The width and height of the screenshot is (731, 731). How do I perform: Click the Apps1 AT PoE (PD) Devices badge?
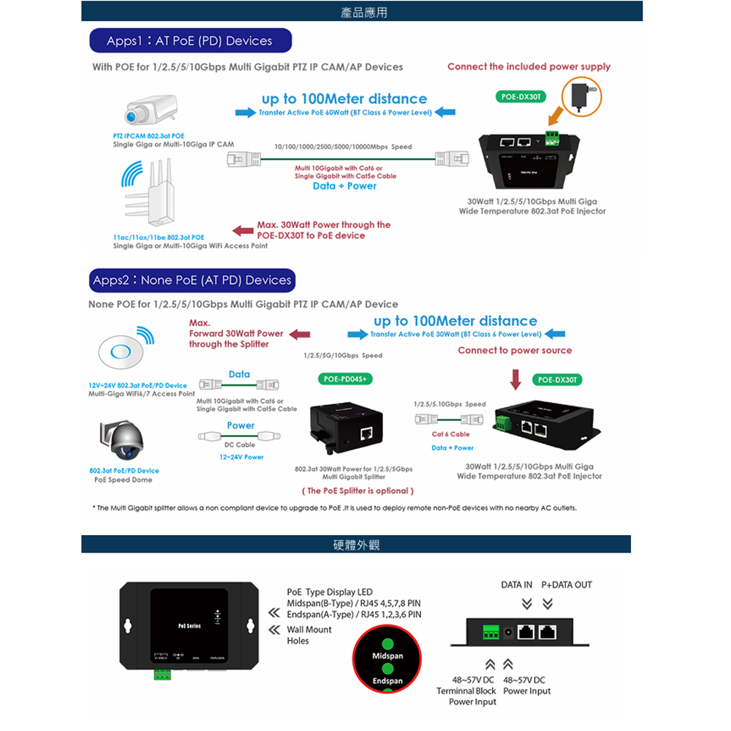click(x=190, y=41)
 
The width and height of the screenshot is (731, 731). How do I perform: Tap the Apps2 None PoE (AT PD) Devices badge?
click(x=192, y=281)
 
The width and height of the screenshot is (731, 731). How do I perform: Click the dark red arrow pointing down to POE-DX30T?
click(x=516, y=379)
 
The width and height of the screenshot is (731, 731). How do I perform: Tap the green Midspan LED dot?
click(x=387, y=645)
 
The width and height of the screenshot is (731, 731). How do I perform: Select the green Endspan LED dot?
click(x=387, y=669)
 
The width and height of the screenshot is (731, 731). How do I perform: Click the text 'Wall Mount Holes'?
click(x=308, y=635)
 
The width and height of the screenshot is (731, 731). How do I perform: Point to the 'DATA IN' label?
click(x=516, y=585)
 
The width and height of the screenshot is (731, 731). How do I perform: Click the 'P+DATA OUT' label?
click(x=567, y=585)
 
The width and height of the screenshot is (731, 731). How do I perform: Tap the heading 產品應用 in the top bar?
click(x=364, y=12)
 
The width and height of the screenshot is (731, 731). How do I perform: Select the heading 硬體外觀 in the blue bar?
click(x=357, y=545)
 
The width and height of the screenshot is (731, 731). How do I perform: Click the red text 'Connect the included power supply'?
click(x=529, y=67)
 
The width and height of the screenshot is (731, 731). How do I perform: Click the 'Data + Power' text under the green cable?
click(x=344, y=186)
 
